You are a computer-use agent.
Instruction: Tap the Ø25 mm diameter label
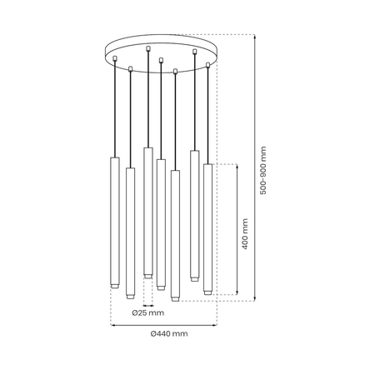147,312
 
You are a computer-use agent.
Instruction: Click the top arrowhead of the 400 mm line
238,166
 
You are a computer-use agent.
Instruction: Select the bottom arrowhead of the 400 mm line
238,295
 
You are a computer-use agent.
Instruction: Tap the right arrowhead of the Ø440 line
215,323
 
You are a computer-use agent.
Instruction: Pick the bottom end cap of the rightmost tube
207,292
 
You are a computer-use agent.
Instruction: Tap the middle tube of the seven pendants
161,221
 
